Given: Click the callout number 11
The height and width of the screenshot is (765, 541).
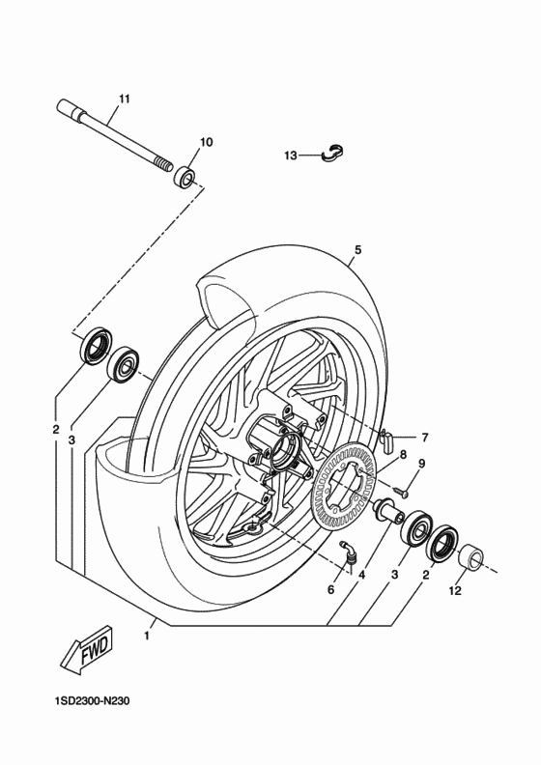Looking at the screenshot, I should point(124,99).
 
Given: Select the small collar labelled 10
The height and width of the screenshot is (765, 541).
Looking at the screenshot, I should point(184,178).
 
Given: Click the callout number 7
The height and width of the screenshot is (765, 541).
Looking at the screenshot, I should point(424,438).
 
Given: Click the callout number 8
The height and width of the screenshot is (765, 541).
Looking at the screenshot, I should point(403,453).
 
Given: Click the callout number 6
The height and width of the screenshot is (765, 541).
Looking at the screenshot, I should point(331,589).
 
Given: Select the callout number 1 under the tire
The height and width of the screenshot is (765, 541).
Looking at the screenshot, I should point(147,635).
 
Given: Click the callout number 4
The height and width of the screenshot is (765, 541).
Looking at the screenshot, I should point(361,577).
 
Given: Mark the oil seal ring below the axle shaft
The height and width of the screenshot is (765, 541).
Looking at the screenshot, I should point(94,346).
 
